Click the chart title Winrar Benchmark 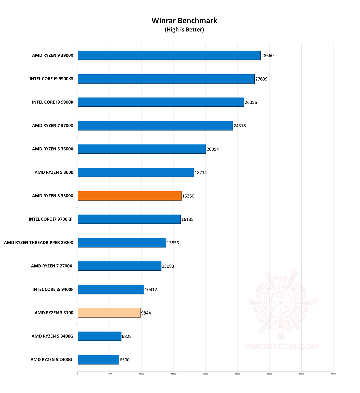[184, 21]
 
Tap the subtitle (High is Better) [184, 30]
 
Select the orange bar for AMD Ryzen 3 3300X [129, 196]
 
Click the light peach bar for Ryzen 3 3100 [109, 313]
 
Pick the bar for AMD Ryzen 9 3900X [169, 55]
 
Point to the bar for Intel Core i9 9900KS [166, 79]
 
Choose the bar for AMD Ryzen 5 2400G [98, 360]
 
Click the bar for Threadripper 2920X [122, 243]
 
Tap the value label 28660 [267, 56]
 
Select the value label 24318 [240, 126]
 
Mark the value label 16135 [187, 219]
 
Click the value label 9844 [146, 313]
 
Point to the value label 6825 [127, 336]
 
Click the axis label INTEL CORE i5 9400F [53, 289]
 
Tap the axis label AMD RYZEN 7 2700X [52, 266]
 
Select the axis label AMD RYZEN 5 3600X [53, 149]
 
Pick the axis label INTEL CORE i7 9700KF [50, 219]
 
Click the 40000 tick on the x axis [333, 374]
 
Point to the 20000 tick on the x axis [205, 374]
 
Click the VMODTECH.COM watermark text [282, 346]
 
